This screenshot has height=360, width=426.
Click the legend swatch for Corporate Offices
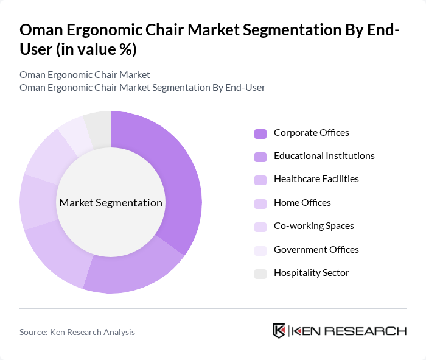(260, 133)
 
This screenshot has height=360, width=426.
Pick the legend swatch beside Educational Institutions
(260, 157)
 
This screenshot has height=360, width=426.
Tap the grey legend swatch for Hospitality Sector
(260, 274)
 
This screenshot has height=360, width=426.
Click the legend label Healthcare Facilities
(316, 179)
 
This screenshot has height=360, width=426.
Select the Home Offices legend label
(302, 203)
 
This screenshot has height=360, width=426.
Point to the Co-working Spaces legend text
(313, 226)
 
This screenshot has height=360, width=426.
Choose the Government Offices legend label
(316, 250)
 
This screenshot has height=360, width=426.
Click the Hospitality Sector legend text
(311, 273)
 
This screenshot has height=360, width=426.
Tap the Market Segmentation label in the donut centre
(111, 203)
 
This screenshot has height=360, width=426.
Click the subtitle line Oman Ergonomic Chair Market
(85, 75)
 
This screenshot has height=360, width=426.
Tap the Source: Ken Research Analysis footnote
(77, 332)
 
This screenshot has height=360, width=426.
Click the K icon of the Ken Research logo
(279, 331)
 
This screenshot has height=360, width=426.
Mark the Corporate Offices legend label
(311, 133)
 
